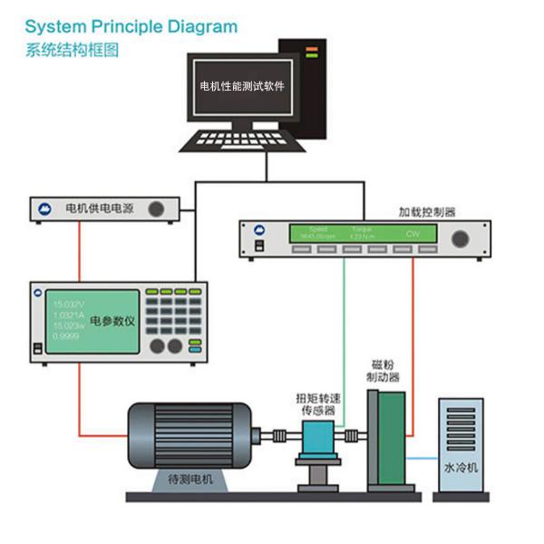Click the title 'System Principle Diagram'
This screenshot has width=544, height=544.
coord(131,26)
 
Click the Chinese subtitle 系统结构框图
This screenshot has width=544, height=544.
coord(73,51)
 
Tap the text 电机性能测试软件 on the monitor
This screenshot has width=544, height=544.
coord(242,87)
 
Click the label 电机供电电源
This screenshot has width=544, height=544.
coord(100,209)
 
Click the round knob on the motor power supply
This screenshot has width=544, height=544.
coord(158,209)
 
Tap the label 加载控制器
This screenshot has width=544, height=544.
coord(427,212)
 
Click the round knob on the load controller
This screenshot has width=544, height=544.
coord(462,238)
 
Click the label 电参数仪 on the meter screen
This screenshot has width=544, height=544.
coord(112,321)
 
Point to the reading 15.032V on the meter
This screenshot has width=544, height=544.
coord(69,304)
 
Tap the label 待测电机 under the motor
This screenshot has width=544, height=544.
coord(191,479)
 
